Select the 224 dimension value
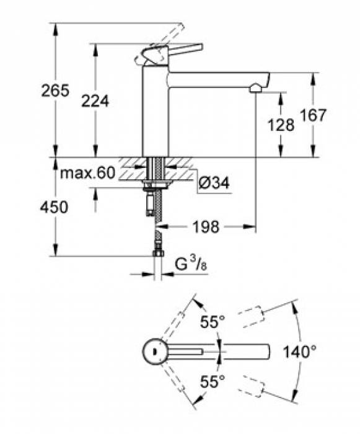coord(95,100)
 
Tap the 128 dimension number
coord(281,124)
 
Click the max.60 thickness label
coord(87,174)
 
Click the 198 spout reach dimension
coord(204,228)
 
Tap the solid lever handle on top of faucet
coord(180,50)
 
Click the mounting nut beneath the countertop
coord(154,185)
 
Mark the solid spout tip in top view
coord(263,352)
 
